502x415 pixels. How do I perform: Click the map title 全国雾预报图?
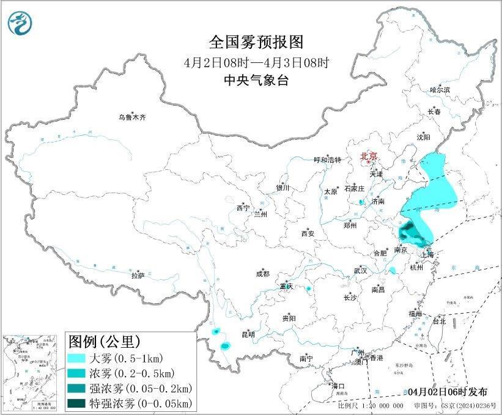256,42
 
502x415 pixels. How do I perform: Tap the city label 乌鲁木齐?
133,117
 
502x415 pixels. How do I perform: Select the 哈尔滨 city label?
439,90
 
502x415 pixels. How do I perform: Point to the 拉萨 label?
138,276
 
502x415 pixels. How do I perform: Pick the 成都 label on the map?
262,274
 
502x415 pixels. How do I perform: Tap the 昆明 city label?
248,334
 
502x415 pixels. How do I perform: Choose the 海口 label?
338,386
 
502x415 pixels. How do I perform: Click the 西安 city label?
307,233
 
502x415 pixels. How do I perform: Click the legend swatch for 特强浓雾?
78,403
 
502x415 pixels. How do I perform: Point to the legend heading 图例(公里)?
104,340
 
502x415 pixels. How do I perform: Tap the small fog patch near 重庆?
309,288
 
